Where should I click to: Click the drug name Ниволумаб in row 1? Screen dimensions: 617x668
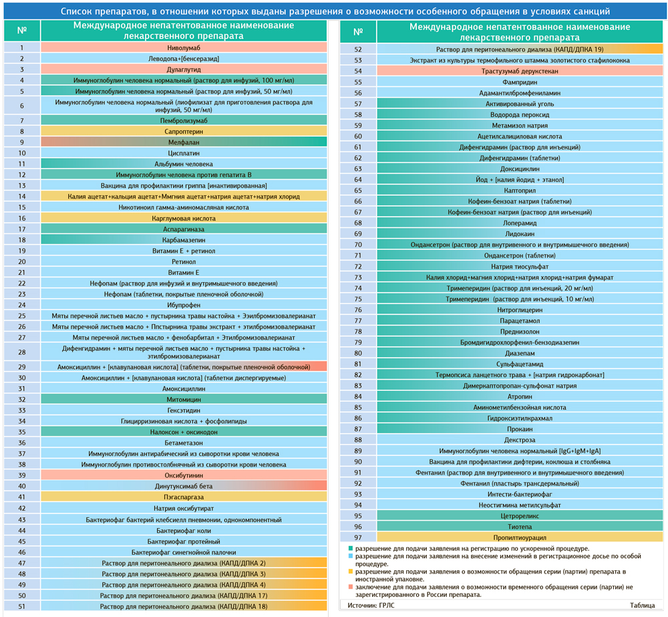click(184, 48)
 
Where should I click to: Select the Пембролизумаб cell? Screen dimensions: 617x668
click(184, 120)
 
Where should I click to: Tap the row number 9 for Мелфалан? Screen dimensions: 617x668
click(22, 142)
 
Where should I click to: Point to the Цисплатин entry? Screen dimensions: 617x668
click(184, 153)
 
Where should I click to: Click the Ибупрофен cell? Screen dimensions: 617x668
click(184, 305)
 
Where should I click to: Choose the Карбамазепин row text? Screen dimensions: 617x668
click(184, 239)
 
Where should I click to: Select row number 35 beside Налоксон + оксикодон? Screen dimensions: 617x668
click(22, 432)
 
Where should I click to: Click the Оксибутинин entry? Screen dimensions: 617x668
click(184, 475)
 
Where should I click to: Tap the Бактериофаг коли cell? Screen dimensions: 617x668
click(184, 530)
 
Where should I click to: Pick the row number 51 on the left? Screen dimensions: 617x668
click(22, 606)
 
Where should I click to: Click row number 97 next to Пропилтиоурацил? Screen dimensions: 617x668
click(358, 537)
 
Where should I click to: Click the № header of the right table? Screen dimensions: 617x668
click(358, 32)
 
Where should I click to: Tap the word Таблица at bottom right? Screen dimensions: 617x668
click(642, 606)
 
